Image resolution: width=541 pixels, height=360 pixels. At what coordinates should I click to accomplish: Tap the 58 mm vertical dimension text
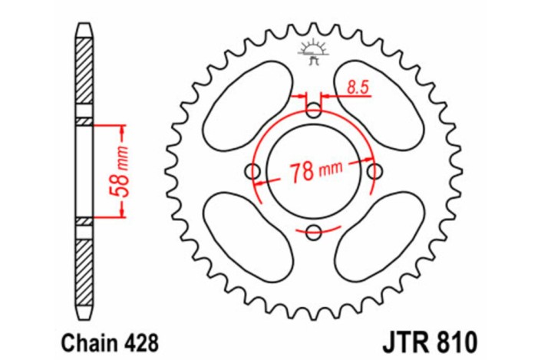coord(120,171)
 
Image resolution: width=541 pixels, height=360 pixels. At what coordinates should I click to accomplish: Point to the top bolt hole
coord(314,111)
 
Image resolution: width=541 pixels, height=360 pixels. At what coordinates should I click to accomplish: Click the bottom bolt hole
coord(314,232)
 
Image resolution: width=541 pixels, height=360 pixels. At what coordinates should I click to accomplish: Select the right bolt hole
coord(374,171)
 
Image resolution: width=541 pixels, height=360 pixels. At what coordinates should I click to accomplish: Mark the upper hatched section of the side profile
coord(84,73)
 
